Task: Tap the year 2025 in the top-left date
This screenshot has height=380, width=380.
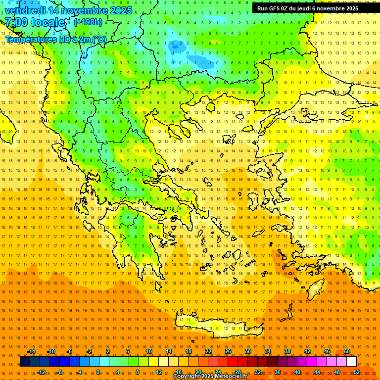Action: point(120,10)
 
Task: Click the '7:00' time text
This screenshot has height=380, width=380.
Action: point(17,22)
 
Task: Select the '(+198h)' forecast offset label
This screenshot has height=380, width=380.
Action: point(88,22)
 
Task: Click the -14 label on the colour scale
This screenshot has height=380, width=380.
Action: point(31,351)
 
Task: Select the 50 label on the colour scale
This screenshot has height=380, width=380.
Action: point(347,351)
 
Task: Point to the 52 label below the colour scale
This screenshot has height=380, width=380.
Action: point(357,372)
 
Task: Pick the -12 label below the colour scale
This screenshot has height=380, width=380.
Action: point(41,372)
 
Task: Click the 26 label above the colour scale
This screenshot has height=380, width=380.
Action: point(228,351)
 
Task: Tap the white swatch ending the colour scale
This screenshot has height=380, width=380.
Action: point(351,362)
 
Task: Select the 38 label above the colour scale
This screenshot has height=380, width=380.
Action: point(287,351)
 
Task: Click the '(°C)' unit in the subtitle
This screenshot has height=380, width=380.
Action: point(99,39)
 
